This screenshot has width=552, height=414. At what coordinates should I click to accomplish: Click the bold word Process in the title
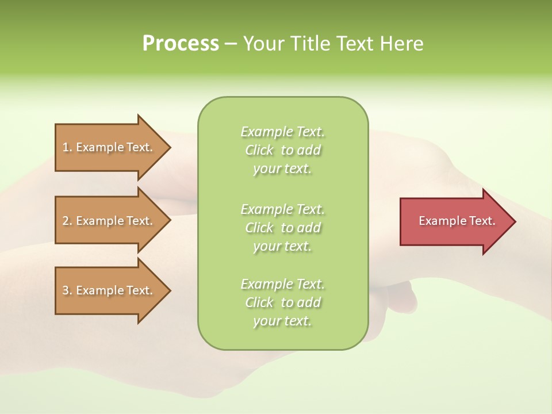tap(181, 44)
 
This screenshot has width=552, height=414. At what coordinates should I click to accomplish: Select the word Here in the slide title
tap(402, 44)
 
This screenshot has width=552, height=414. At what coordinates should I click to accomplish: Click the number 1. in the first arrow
tap(67, 147)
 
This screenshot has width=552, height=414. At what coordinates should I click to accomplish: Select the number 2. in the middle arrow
tap(67, 221)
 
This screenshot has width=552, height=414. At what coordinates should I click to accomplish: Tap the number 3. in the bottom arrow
tap(67, 290)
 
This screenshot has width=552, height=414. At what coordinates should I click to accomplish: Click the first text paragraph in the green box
tap(283, 150)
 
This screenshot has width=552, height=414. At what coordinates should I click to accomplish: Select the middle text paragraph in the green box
tap(283, 228)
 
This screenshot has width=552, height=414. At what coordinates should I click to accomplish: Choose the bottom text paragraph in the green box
tap(283, 302)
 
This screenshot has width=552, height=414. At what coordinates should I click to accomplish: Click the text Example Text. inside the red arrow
tap(457, 221)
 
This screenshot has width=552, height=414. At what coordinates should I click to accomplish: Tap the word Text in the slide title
tap(354, 44)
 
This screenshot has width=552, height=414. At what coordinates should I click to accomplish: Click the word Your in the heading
tap(264, 44)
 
